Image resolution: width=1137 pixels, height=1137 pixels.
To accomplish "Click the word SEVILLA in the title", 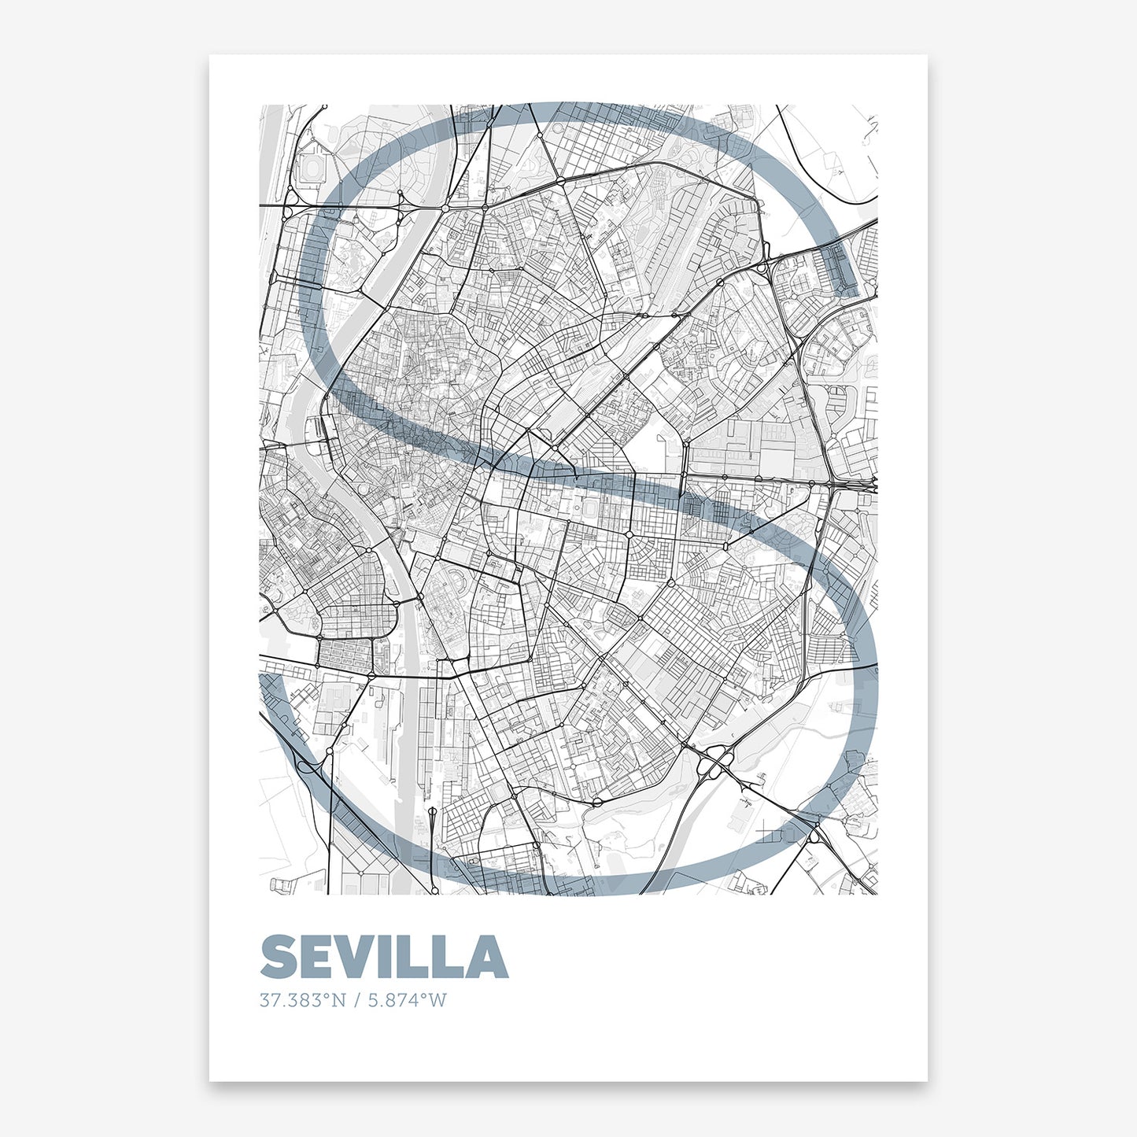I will pyautogui.click(x=384, y=957).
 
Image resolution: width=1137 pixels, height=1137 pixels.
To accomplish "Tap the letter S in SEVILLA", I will pyautogui.click(x=279, y=957).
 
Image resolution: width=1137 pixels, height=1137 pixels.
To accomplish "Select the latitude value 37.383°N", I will pyautogui.click(x=303, y=1001).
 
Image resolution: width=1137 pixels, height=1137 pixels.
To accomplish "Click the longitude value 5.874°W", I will pyautogui.click(x=408, y=1001).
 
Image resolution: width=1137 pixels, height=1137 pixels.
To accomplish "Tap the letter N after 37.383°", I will pyautogui.click(x=338, y=1001).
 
